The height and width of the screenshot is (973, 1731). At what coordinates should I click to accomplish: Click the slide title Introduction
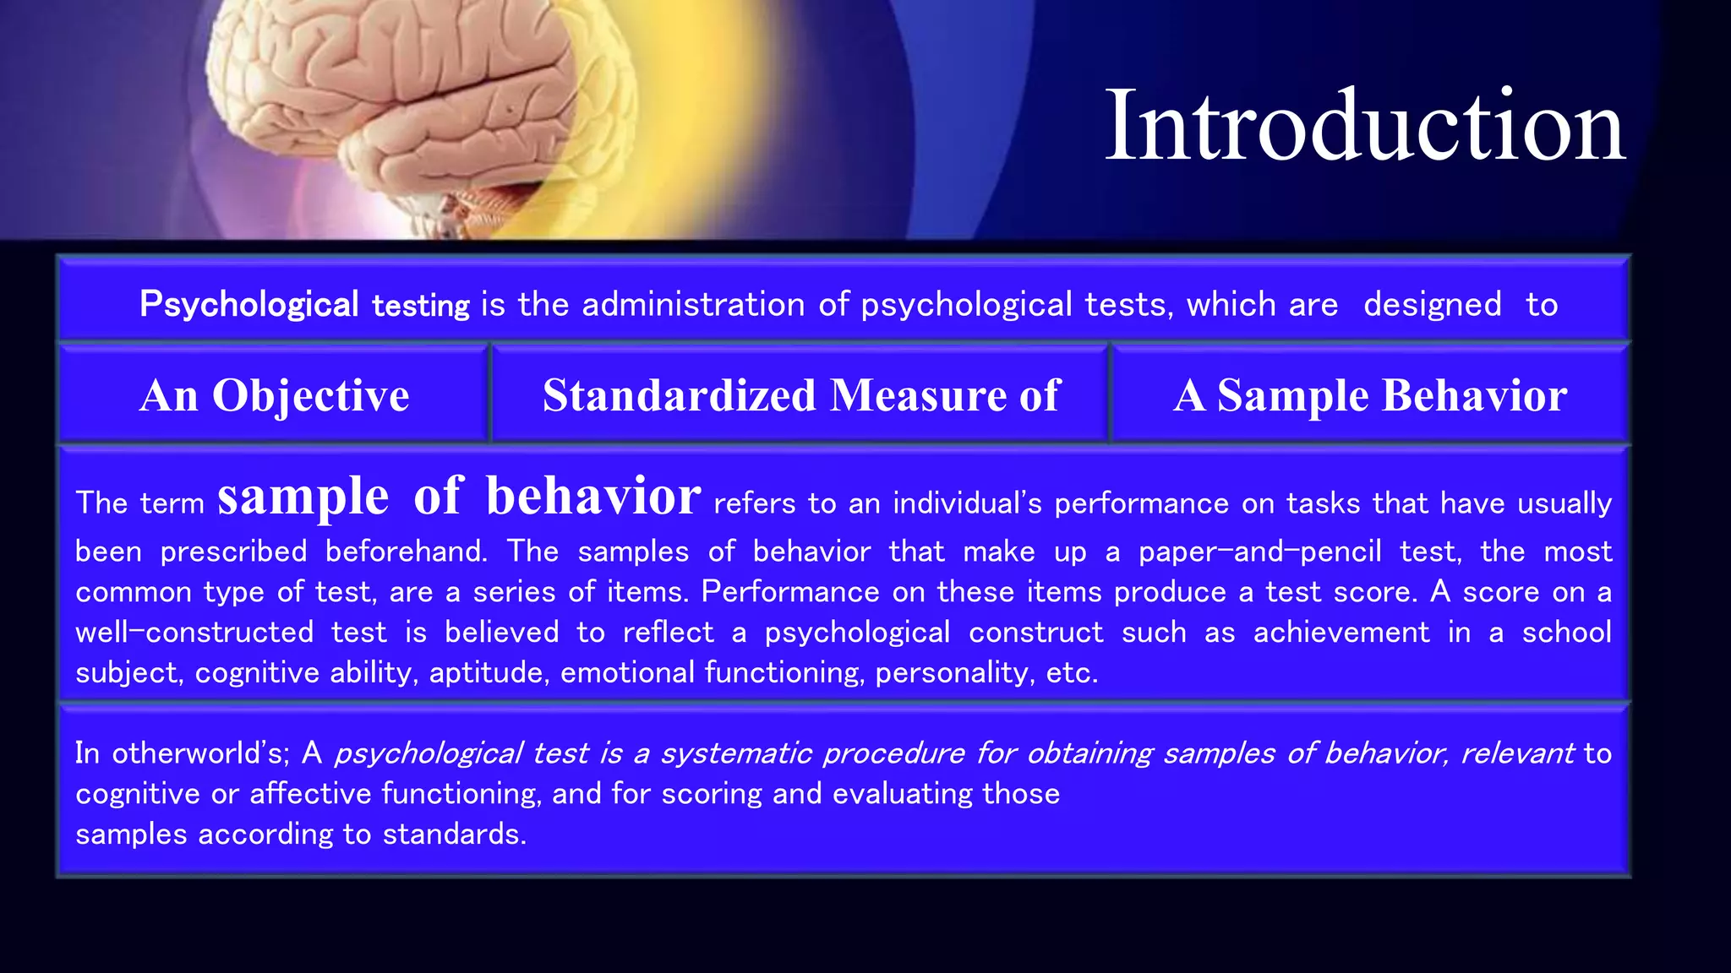tap(1364, 127)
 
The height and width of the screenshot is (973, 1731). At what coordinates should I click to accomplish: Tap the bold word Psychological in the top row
tap(248, 305)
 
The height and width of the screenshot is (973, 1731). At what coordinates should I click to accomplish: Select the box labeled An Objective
tap(274, 395)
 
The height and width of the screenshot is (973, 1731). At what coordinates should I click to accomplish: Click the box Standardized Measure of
tap(800, 395)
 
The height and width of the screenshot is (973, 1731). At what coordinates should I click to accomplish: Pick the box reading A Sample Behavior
tap(1369, 395)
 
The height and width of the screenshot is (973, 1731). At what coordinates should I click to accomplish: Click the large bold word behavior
tap(592, 497)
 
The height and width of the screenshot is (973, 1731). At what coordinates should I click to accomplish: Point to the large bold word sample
tap(303, 497)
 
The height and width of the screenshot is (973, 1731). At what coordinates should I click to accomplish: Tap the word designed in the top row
tap(1432, 305)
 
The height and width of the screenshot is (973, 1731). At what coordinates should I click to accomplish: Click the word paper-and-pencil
tap(1259, 552)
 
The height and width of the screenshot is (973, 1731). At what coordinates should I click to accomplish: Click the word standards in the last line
tap(454, 834)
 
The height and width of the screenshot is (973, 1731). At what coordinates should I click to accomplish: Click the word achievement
tap(1341, 633)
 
